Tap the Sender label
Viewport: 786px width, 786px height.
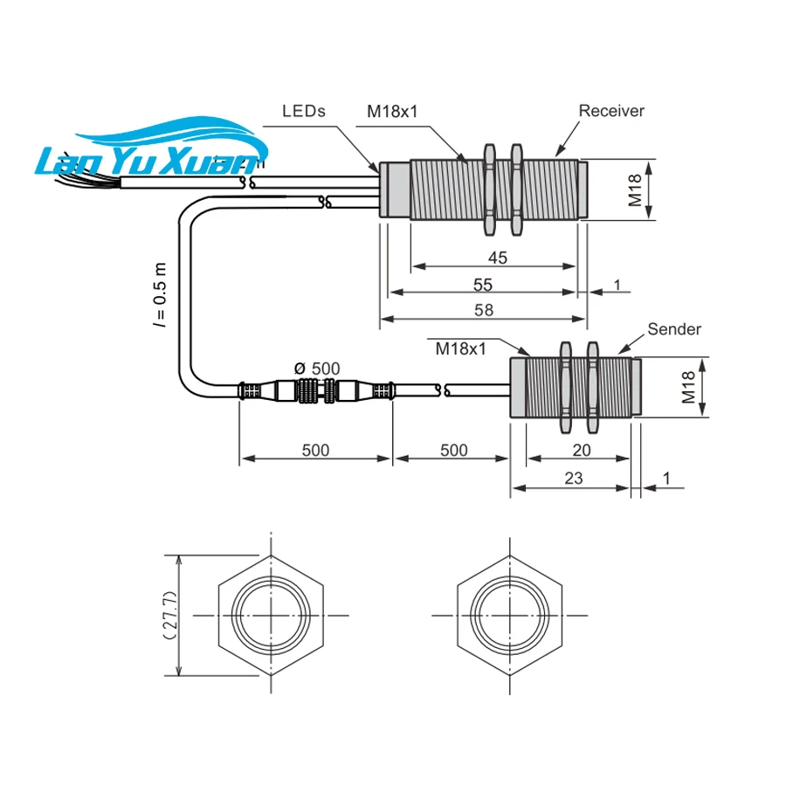674,329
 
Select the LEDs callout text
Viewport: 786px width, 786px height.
304,112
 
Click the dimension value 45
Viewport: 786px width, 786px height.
497,258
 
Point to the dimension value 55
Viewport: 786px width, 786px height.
483,285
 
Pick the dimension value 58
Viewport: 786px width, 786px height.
483,310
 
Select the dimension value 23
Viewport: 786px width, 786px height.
574,478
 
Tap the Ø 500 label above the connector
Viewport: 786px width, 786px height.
319,369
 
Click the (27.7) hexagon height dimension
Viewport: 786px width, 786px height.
170,616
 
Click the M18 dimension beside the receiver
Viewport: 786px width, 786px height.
636,190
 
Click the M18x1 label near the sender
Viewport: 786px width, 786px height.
460,348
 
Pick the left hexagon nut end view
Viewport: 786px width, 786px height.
271,616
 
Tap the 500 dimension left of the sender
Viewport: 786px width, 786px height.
452,450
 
